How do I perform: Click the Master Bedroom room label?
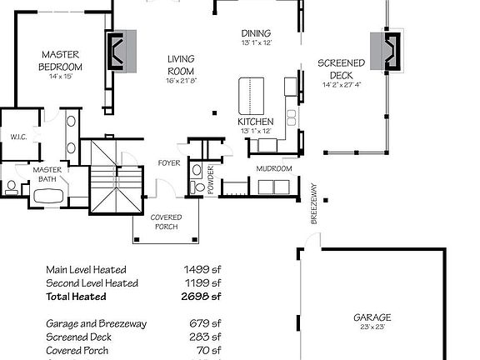tap(62, 60)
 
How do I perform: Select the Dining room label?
tap(257, 32)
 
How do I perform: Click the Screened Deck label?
tap(341, 68)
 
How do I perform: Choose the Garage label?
tap(372, 317)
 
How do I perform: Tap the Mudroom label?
tap(273, 169)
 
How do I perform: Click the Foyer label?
tap(169, 162)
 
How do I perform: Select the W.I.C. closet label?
tap(19, 137)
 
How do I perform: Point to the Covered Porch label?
tap(166, 222)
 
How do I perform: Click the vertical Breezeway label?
tap(315, 203)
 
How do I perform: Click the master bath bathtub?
tap(48, 197)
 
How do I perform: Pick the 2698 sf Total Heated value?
tap(202, 296)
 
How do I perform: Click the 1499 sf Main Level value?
tap(202, 269)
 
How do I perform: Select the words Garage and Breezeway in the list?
tap(89, 323)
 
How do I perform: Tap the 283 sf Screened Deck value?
tap(205, 337)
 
